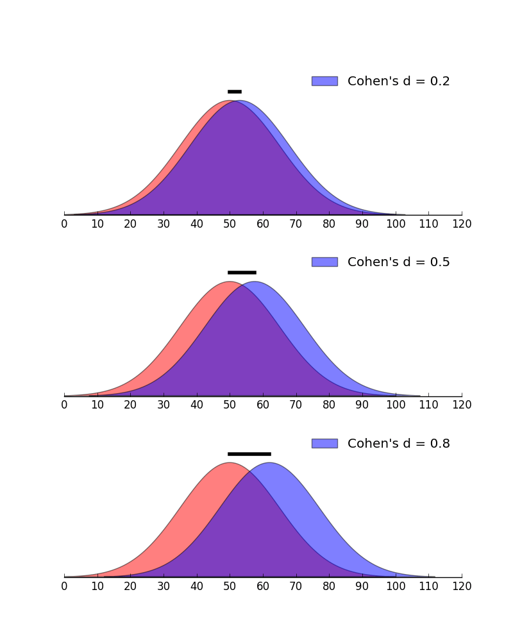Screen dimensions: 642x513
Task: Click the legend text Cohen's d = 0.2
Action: [398, 81]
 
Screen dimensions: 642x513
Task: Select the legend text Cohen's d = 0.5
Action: [398, 262]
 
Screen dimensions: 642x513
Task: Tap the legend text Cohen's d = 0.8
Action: [398, 444]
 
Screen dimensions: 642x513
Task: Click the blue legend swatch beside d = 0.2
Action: [324, 81]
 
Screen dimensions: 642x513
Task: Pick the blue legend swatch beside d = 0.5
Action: [324, 262]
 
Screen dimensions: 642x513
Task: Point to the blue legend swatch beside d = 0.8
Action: [324, 443]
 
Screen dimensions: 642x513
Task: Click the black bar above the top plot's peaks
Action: [235, 92]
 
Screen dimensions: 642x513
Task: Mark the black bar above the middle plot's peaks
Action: [242, 273]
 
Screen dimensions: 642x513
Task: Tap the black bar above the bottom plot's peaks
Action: [249, 454]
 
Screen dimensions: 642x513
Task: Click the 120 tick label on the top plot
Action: [462, 224]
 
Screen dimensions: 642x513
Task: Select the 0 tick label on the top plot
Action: [64, 224]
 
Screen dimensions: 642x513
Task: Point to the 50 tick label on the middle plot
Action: [230, 405]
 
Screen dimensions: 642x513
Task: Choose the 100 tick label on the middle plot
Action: [396, 405]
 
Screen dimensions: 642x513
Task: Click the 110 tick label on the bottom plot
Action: [428, 586]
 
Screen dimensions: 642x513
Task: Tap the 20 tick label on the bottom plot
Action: [130, 586]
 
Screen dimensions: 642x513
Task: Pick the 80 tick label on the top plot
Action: [329, 224]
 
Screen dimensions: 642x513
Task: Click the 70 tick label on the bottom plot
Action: [296, 586]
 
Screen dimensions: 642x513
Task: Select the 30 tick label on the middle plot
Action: [164, 405]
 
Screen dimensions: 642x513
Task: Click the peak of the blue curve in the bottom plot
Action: [269, 463]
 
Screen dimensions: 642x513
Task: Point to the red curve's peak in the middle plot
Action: [230, 282]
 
